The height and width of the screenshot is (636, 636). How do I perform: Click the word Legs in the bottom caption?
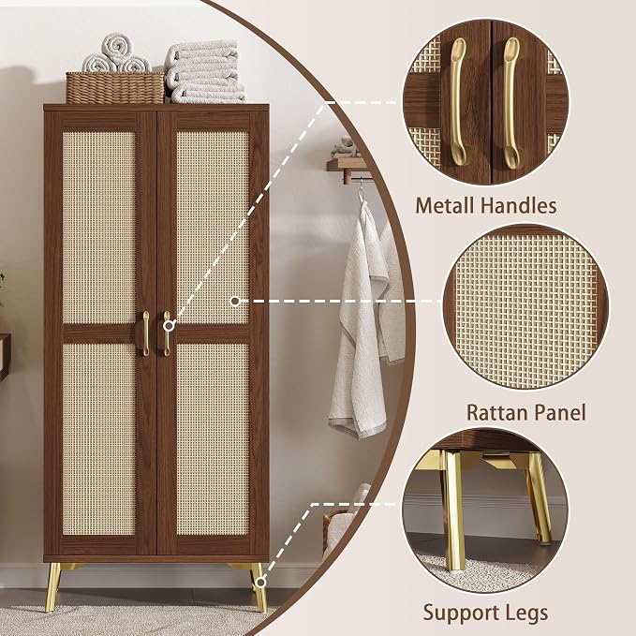(526, 614)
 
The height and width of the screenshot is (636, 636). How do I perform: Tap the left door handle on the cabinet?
(145, 333)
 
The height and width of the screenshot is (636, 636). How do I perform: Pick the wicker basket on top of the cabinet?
(115, 88)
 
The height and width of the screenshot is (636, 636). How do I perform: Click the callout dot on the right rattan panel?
(235, 301)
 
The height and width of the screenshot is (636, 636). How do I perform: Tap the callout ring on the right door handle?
(170, 325)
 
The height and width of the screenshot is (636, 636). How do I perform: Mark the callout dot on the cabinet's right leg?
(260, 583)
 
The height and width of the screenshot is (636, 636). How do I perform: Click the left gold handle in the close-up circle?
(459, 101)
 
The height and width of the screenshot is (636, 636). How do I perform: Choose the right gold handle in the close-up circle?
(511, 103)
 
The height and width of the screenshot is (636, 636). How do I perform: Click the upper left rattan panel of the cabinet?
(99, 227)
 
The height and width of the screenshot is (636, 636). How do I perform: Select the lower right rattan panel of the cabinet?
(213, 439)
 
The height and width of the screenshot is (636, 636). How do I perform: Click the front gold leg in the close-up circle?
(455, 510)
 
